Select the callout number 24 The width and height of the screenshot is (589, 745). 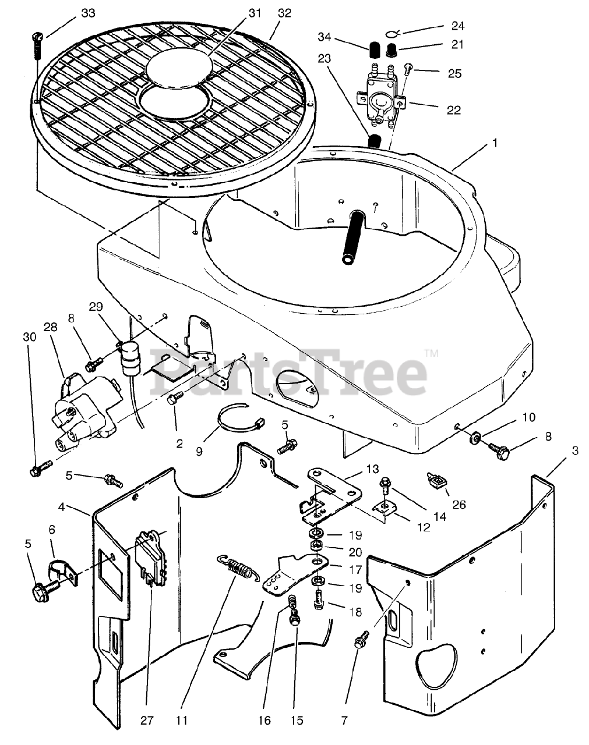click(457, 26)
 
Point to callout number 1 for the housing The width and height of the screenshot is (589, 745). click(495, 142)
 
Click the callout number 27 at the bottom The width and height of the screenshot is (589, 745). click(146, 721)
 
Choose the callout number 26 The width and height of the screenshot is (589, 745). click(458, 505)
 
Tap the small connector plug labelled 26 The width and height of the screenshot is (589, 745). click(434, 480)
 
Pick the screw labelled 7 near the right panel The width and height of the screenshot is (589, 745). click(360, 641)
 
